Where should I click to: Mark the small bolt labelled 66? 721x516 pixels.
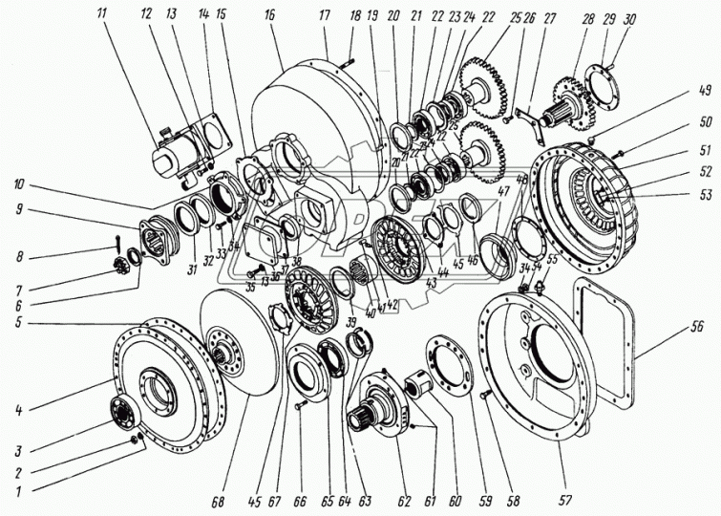click(x=299, y=406)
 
